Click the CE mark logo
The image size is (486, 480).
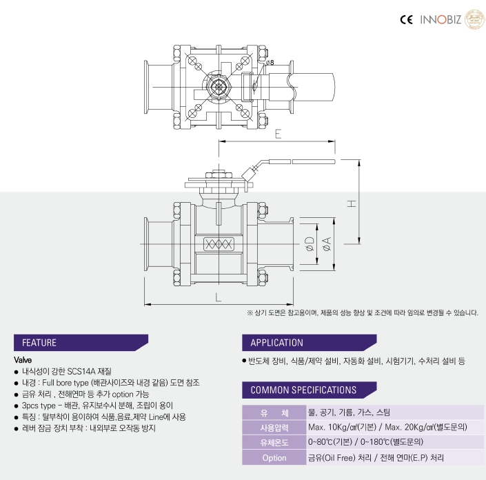coord(406,20)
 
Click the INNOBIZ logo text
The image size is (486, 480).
coord(441,20)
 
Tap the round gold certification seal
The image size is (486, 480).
coord(474,19)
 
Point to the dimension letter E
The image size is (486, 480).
coord(278,134)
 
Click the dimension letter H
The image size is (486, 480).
coord(352,203)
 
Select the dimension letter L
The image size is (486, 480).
coord(219,298)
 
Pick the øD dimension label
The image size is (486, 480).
coord(310,244)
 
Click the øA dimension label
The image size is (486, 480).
coord(326,244)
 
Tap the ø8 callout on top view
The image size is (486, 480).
coord(270,63)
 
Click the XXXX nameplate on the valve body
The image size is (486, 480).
coord(219,244)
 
